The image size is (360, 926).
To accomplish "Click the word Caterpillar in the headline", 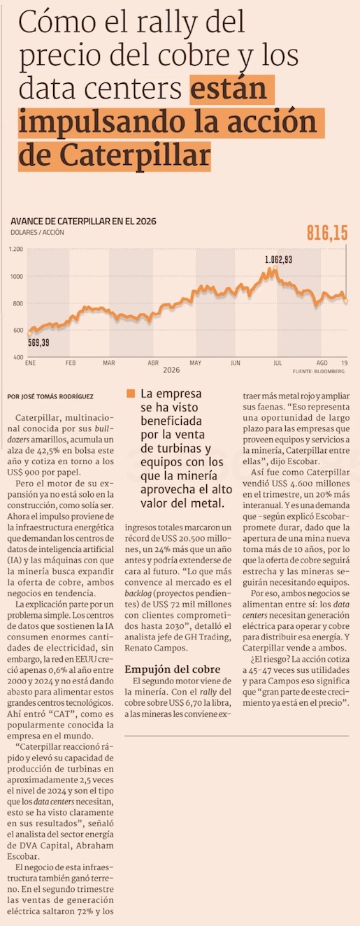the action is point(135,157).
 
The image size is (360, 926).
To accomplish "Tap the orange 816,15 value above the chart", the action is point(327,233).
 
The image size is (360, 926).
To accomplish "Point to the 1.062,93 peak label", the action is point(279,259).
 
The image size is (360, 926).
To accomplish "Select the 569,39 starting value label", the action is point(38,342).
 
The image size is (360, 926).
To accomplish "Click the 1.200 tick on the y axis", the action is point(16,249).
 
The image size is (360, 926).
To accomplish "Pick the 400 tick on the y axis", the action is point(18,357).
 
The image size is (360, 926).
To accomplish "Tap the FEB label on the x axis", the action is point(71,363).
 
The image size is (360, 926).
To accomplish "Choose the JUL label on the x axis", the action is point(278,363).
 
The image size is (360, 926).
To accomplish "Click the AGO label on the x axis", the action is point(322,363).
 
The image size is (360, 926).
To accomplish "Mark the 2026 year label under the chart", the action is point(171,370).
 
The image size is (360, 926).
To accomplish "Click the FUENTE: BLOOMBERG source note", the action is point(318,371).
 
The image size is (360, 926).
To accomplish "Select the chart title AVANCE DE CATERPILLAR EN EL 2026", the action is point(83,221).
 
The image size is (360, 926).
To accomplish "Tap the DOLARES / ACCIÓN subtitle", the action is point(37,232).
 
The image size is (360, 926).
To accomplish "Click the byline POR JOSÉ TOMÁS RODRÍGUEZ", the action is point(50,396).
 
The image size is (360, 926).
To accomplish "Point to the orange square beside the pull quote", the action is point(131,393).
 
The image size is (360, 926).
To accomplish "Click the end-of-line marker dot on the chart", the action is point(346,301).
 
